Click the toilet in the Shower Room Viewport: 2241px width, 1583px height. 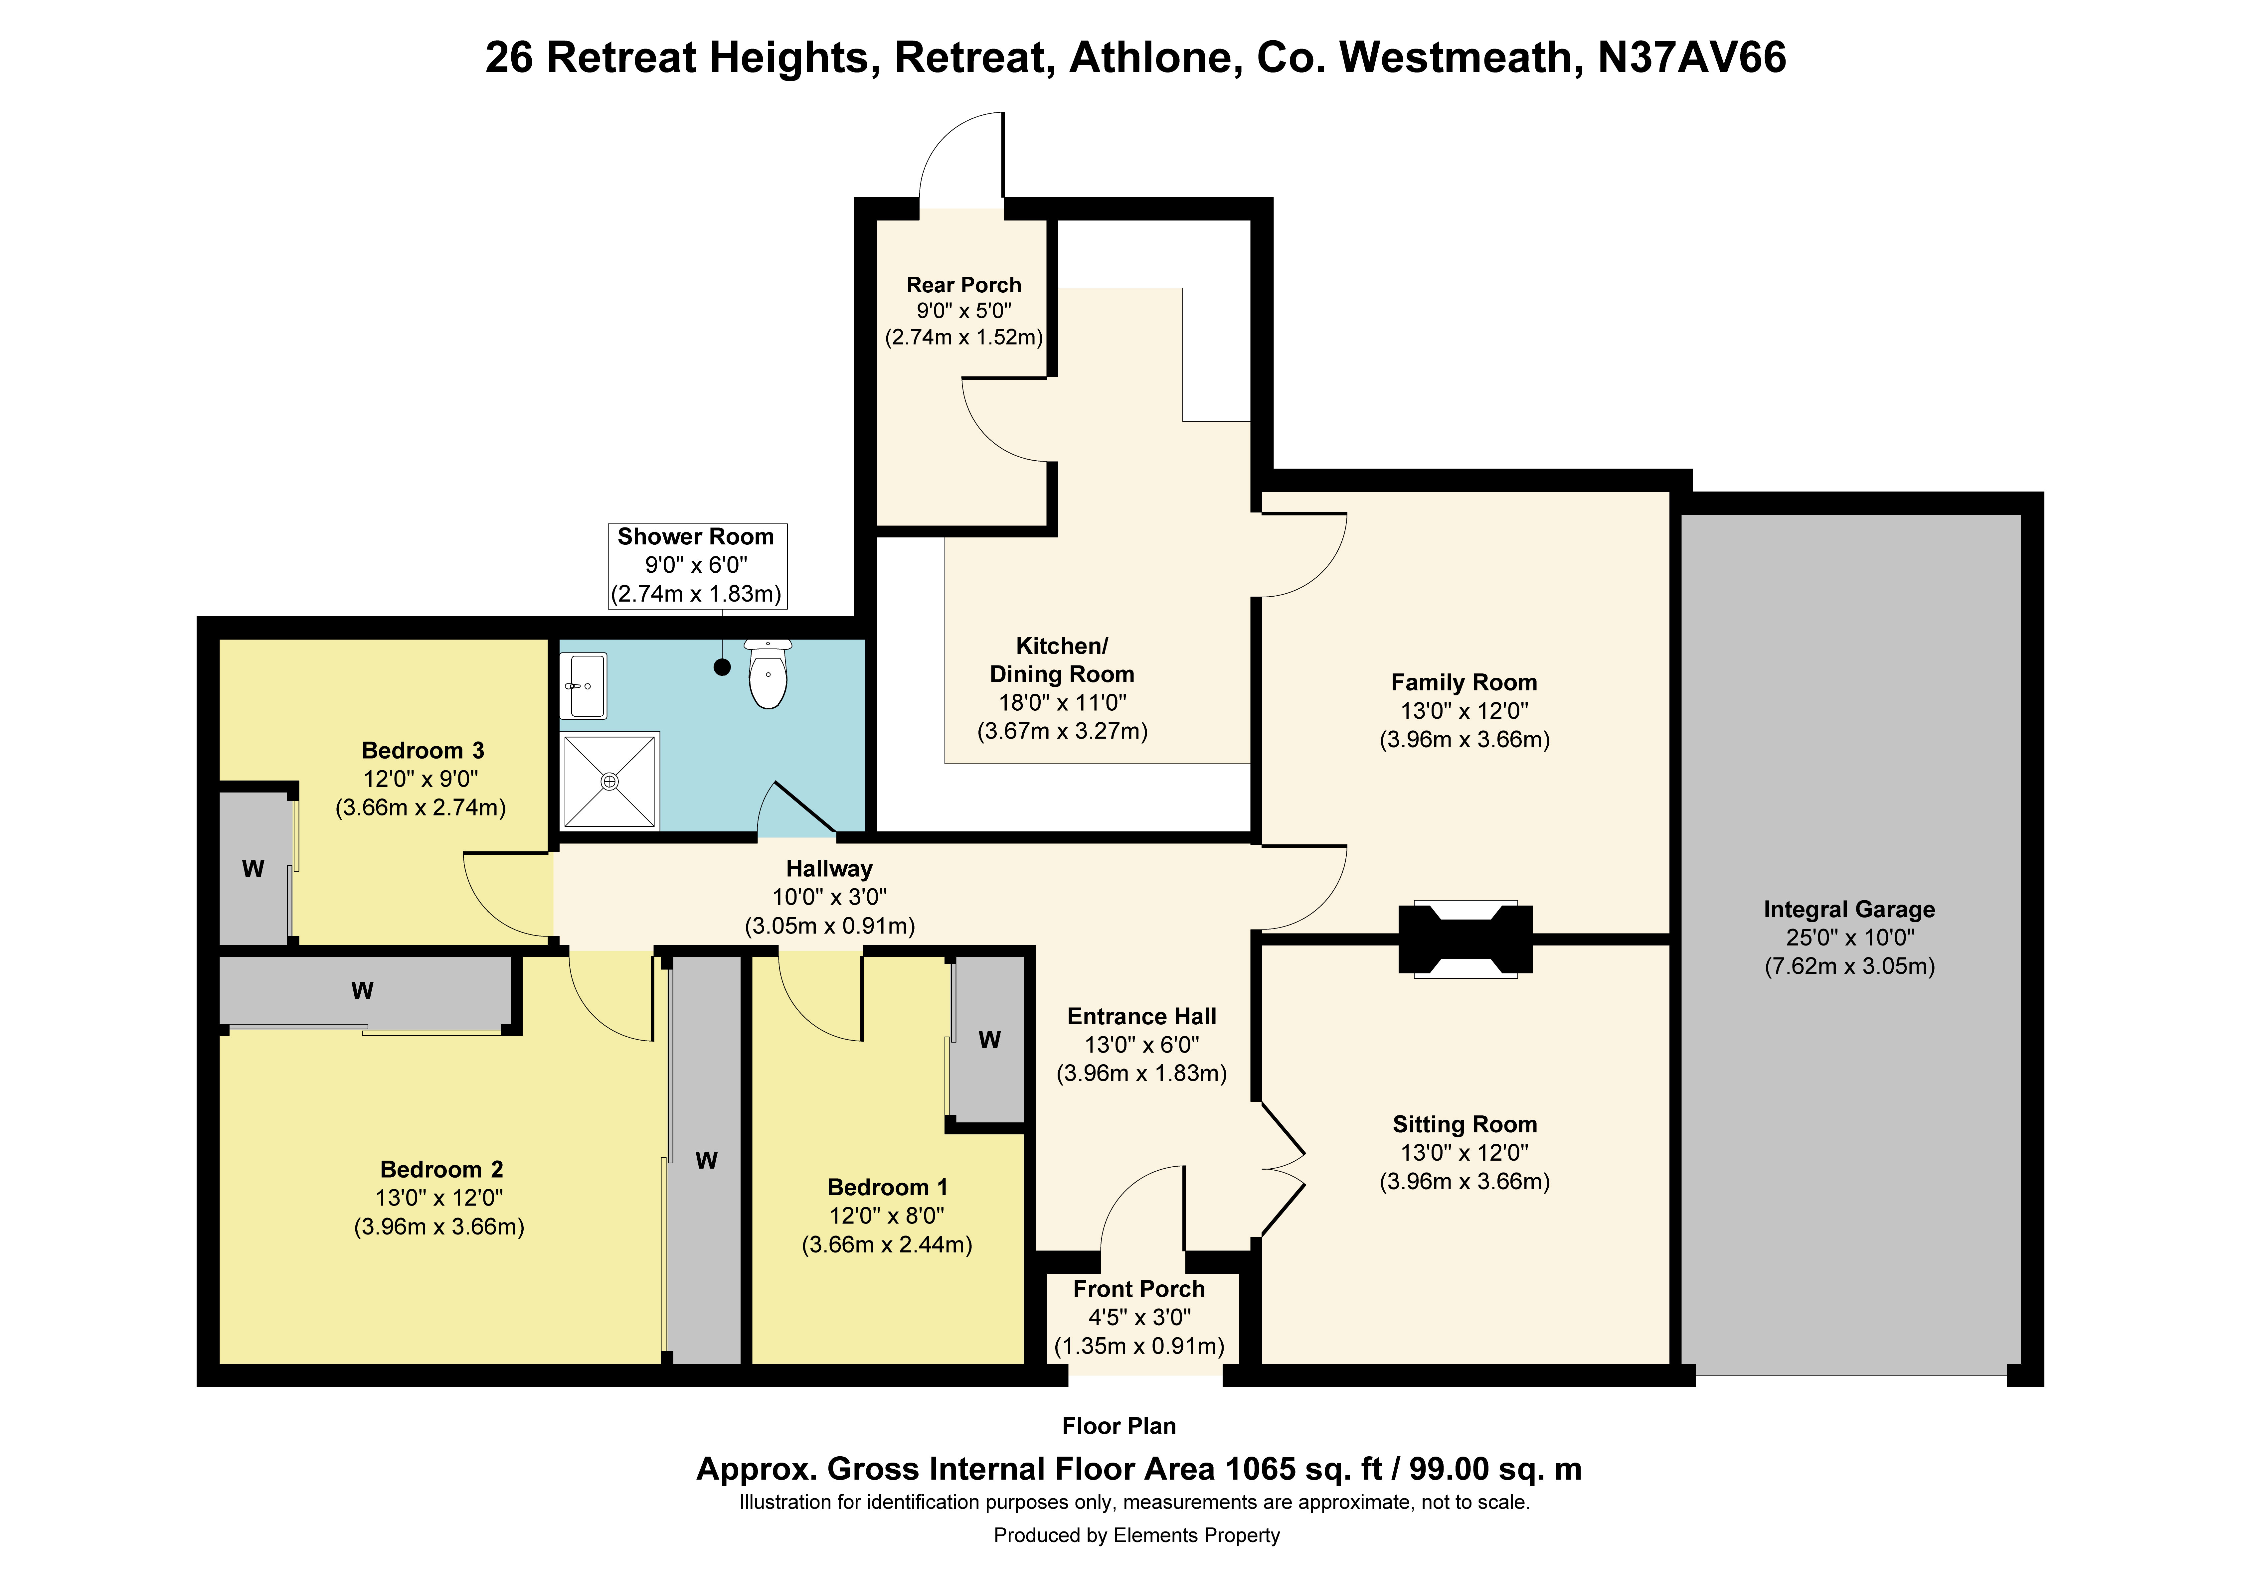[x=768, y=673]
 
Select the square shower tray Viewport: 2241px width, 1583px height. [x=610, y=781]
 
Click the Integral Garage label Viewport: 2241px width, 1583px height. [x=1849, y=910]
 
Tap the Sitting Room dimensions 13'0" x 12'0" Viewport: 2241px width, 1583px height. [x=1464, y=1153]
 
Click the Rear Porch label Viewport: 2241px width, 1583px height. [x=963, y=285]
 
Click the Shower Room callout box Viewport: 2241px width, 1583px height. [x=697, y=566]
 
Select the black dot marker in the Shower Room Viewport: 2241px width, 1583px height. [x=722, y=667]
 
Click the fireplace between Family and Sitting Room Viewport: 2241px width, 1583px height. [x=1465, y=939]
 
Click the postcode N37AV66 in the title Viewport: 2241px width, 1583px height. [x=1691, y=58]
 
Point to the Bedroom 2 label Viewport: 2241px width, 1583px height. [x=441, y=1169]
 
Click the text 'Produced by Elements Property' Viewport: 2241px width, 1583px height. [x=1136, y=1535]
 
